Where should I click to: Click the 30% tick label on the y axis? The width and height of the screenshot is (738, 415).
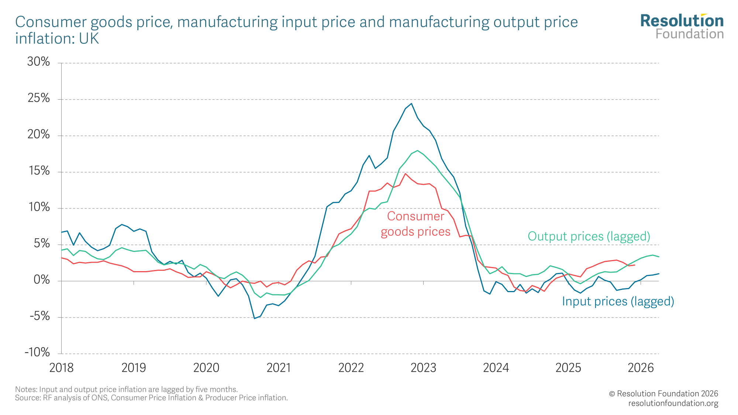[38, 62]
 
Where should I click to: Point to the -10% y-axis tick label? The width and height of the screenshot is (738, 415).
[37, 352]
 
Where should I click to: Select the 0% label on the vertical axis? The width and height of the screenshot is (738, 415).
[42, 280]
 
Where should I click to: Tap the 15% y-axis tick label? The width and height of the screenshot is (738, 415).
[39, 171]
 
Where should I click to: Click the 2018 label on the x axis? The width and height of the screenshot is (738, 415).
[62, 368]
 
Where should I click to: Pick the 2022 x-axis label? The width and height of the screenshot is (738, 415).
[351, 368]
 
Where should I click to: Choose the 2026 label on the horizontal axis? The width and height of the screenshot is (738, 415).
[641, 368]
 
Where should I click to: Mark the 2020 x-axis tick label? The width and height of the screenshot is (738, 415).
[206, 368]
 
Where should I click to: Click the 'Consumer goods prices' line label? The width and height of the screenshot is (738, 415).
[415, 224]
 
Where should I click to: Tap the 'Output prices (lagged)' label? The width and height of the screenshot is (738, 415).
[589, 236]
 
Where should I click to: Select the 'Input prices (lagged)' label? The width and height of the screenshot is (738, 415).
[618, 301]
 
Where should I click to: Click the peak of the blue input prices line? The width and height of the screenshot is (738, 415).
[411, 103]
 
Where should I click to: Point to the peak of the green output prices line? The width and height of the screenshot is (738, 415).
[417, 151]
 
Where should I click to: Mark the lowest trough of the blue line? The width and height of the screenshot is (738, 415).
[254, 318]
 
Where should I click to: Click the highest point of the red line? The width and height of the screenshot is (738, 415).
[406, 173]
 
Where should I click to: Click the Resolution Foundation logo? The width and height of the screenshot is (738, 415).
[682, 27]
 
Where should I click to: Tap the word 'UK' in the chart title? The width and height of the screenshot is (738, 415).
[89, 39]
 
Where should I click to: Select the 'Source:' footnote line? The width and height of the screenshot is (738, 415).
[151, 398]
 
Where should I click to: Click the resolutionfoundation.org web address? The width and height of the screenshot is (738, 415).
[673, 403]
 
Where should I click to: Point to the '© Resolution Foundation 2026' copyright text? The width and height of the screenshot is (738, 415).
[663, 394]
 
